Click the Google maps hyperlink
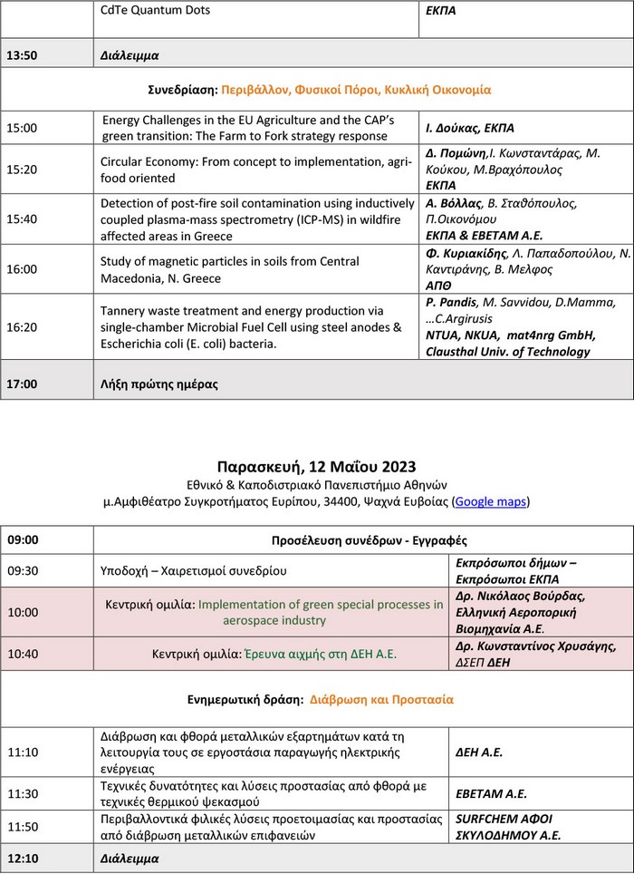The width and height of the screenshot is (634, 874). [490, 500]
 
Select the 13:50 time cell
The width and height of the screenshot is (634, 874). [23, 54]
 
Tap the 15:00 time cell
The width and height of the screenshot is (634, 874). [23, 128]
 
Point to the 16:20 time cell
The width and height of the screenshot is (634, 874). [23, 326]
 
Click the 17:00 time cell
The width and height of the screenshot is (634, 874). [23, 384]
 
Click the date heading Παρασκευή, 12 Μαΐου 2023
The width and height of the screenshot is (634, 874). [316, 467]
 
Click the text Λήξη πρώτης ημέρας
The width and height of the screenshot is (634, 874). [158, 384]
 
